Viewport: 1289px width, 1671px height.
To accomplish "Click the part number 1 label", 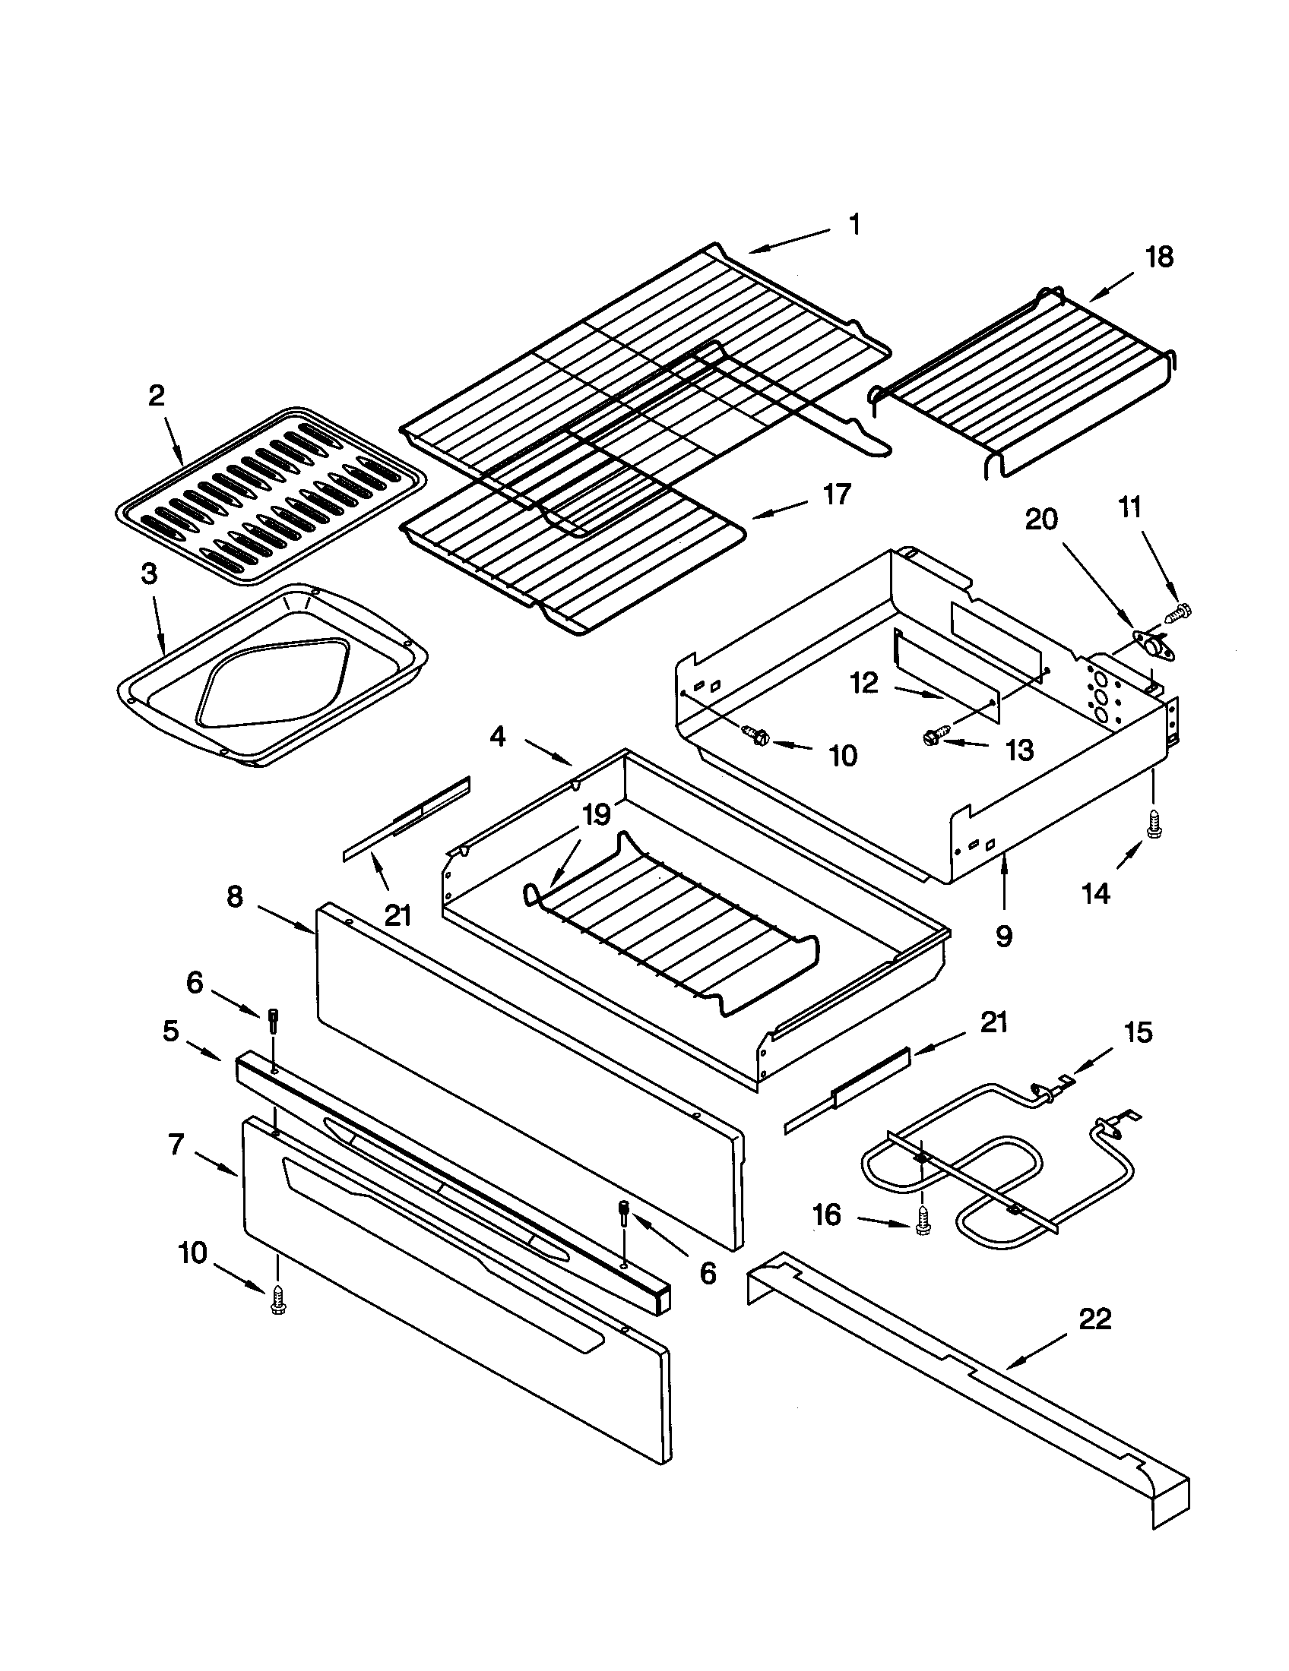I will click(855, 225).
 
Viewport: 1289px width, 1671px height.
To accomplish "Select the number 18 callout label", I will click(1159, 257).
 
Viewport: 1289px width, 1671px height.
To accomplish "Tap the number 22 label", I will click(1094, 1319).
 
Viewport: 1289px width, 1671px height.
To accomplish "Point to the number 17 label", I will click(836, 494).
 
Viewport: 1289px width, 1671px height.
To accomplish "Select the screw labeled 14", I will click(1151, 823).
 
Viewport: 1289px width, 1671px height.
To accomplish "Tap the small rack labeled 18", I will click(1026, 383).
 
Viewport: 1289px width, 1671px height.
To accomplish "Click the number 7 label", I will click(176, 1145).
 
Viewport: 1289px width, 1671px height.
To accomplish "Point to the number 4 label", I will click(498, 737).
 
